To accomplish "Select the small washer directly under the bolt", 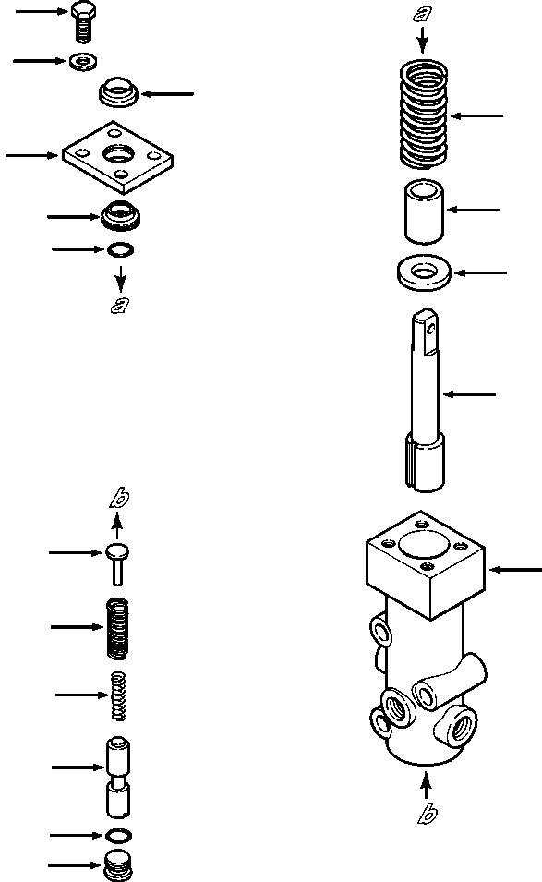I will pos(85,62).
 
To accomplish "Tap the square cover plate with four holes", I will pos(119,155).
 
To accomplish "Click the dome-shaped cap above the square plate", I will pos(117,92).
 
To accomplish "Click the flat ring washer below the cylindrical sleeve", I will pos(423,272).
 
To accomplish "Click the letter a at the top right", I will pos(422,13).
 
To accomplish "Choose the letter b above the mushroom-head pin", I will pos(117,500).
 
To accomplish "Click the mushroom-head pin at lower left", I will pos(117,559).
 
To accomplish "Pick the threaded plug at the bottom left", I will pos(117,866).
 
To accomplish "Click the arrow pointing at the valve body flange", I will pos(514,570).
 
